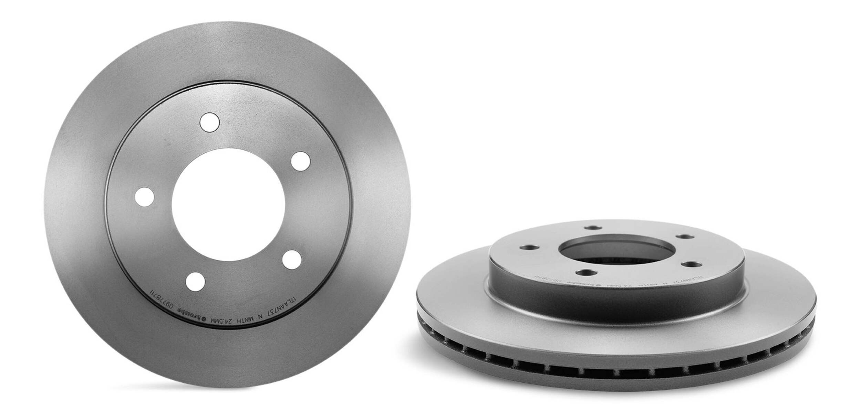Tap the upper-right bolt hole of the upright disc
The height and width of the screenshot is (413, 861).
(x=301, y=161)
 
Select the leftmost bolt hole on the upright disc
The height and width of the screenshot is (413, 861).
(x=144, y=197)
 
